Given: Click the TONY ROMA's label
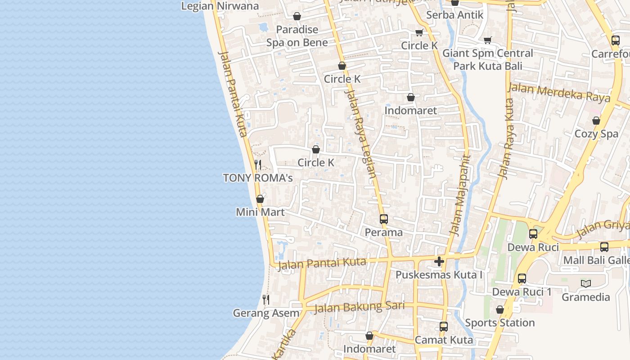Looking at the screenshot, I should pos(258,178).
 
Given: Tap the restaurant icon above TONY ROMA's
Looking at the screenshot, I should pos(258,165).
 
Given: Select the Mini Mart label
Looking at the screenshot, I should pos(260,211).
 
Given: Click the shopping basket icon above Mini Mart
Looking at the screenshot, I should pos(260,199).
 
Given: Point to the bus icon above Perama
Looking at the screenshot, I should pos(383,219).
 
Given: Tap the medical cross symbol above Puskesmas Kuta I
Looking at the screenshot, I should pos(439,261).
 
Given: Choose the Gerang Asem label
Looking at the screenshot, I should pos(266,313).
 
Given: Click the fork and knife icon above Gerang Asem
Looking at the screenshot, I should pos(266,299).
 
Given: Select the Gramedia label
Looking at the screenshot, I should pos(585,297).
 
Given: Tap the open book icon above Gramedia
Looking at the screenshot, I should pos(585,283).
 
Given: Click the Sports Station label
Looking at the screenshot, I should pos(499,323).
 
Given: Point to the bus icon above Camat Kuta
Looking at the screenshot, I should pos(444,327).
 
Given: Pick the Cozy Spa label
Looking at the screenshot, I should pos(596,134).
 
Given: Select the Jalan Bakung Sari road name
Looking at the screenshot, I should pos(359,307).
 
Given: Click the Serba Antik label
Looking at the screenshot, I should pos(454,15).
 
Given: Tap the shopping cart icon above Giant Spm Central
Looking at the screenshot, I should pos(488,40).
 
